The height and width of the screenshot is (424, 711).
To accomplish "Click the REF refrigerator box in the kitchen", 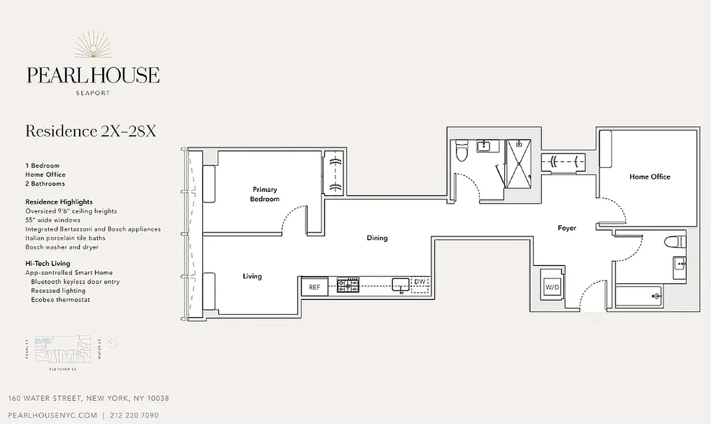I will pos(314,287).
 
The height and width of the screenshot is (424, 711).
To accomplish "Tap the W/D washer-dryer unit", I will pos(551,287).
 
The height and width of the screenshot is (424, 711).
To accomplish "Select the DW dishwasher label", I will pos(419,282).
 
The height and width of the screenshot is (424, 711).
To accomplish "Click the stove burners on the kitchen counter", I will pos(348,285).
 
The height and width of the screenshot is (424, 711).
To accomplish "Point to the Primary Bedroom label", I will pos(265,194).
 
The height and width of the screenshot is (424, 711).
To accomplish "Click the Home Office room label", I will pos(649,176).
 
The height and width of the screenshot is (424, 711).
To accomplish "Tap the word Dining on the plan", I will pos(377,238).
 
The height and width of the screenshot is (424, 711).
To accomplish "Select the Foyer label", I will pos(567,228).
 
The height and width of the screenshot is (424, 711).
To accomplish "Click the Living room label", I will pos(252,276).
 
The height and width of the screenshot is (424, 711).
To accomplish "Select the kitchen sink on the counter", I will pos(400,285).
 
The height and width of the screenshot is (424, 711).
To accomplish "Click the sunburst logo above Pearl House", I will pos(93,44).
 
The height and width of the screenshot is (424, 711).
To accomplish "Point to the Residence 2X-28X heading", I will pos(91,131).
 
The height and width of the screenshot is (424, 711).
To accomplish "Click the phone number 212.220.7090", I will pos(135,416).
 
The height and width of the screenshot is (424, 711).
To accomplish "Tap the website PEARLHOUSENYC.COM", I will pos(53,416).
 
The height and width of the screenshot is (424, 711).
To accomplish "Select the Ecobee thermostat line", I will pos(60,299).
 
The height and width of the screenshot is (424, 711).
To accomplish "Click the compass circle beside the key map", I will pos(112,344).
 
